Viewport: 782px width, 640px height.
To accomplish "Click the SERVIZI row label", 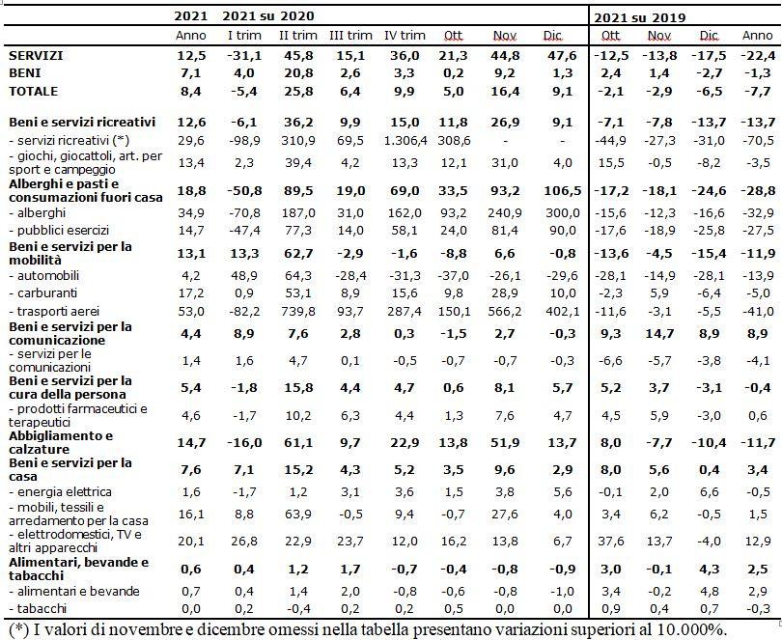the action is pyautogui.click(x=36, y=55).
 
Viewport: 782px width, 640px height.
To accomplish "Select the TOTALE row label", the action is pyautogui.click(x=34, y=92).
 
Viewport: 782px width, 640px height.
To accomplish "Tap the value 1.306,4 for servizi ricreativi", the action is pyautogui.click(x=405, y=141).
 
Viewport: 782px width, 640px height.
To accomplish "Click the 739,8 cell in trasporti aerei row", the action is pyautogui.click(x=297, y=311).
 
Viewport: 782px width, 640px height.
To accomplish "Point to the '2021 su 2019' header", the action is pyautogui.click(x=640, y=18).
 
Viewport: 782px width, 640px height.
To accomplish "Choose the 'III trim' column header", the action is pyautogui.click(x=350, y=36).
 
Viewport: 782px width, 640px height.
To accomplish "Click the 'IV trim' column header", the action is pyautogui.click(x=405, y=36).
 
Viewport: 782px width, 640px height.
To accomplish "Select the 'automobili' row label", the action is pyautogui.click(x=43, y=276).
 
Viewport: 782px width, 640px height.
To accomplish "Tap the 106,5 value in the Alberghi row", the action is pyautogui.click(x=563, y=191).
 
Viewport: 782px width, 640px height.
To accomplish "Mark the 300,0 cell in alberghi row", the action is pyautogui.click(x=563, y=213).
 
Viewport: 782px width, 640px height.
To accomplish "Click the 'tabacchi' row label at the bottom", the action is pyautogui.click(x=38, y=608).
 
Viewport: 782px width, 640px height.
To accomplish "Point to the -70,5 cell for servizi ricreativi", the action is pyautogui.click(x=758, y=141).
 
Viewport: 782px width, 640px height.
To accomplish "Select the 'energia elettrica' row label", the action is pyautogui.click(x=61, y=492).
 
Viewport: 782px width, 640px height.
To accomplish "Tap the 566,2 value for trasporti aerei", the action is pyautogui.click(x=505, y=311).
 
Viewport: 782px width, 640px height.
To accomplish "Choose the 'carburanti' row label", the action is pyautogui.click(x=43, y=293).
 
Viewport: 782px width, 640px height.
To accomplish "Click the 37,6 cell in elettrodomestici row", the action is pyautogui.click(x=611, y=542).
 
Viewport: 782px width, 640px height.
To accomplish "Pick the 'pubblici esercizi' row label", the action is pyautogui.click(x=59, y=231).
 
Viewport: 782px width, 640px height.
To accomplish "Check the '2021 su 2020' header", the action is pyautogui.click(x=268, y=16).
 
